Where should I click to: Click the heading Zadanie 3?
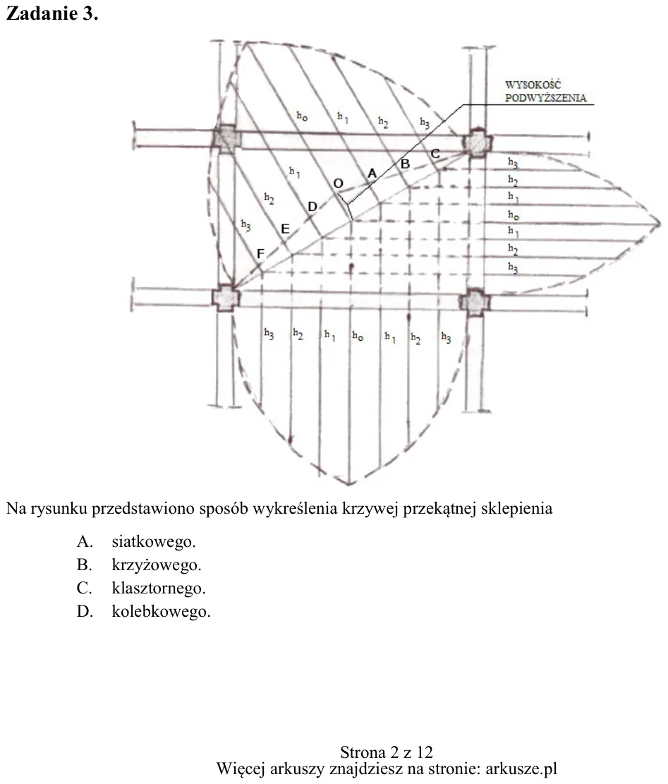coord(52,13)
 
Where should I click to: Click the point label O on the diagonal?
coord(339,183)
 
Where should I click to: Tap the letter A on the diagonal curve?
coord(372,174)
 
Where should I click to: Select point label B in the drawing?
coord(405,164)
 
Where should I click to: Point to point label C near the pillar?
coord(435,154)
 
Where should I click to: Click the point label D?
coord(312,207)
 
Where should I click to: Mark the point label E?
coord(285,229)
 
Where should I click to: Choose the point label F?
coord(260,254)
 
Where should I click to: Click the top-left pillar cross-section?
coord(227,138)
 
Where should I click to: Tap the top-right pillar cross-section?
coord(477,143)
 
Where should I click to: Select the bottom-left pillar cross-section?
coord(226,298)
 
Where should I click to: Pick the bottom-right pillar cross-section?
coord(475,302)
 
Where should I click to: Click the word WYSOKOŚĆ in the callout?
coord(533,85)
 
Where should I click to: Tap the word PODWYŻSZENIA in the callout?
coord(545,97)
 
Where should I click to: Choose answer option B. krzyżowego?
coord(139,565)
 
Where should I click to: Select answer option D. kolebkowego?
coord(143,612)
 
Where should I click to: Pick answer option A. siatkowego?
coord(136,541)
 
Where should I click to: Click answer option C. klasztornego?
coord(141,588)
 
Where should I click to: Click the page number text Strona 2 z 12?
coord(387,752)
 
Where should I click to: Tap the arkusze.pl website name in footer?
coord(521,768)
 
